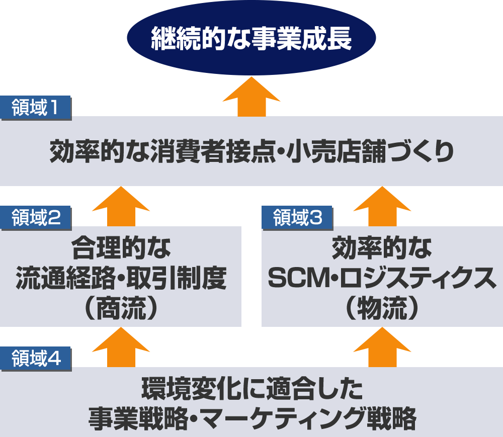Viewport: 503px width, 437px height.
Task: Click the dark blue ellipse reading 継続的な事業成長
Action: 251,38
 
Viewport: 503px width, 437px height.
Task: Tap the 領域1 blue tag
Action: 36,108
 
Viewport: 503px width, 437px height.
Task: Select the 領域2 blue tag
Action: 36,218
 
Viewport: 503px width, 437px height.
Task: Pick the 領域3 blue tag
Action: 297,218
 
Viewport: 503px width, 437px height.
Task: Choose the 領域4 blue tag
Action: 36,359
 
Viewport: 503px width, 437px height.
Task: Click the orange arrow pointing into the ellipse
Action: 251,97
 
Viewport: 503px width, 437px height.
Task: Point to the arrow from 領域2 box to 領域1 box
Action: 121,207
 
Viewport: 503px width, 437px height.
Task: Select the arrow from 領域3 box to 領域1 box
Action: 382,207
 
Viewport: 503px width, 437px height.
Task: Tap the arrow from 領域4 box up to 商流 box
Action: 121,347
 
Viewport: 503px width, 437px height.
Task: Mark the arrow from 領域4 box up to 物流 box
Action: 382,347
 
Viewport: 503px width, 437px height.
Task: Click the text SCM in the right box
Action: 299,278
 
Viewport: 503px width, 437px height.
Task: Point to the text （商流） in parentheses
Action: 121,308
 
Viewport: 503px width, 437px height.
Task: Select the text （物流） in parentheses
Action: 382,308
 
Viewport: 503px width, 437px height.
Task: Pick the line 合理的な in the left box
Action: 121,248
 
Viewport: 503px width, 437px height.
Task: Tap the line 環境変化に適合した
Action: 252,389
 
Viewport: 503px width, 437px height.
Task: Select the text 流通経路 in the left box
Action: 65,278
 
